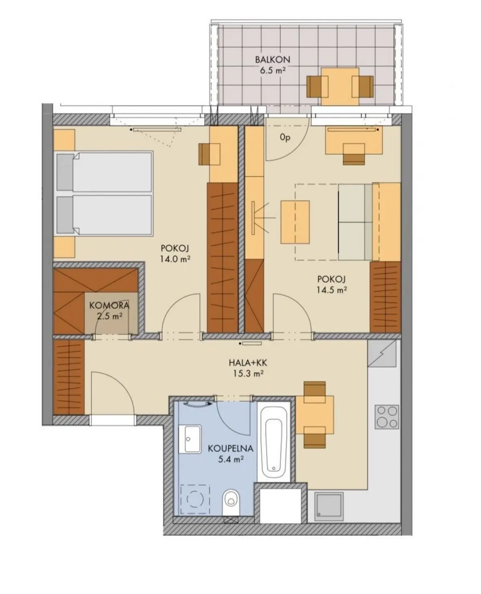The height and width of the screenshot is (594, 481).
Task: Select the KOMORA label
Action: tap(109, 305)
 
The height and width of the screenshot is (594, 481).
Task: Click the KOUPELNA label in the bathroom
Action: tap(230, 448)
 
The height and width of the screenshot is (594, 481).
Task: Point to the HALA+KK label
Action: tap(248, 363)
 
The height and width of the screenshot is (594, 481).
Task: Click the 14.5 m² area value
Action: tap(331, 290)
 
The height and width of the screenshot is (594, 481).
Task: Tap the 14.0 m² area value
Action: tap(175, 259)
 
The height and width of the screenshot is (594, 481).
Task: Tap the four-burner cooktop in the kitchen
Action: tap(387, 417)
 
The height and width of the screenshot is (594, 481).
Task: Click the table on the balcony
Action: tap(340, 87)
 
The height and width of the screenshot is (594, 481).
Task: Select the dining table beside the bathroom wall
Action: tap(315, 415)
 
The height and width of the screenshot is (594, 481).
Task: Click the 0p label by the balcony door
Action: tap(285, 138)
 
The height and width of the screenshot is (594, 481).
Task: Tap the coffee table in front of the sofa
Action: tap(295, 222)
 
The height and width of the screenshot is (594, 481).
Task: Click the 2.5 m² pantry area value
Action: tap(110, 316)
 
